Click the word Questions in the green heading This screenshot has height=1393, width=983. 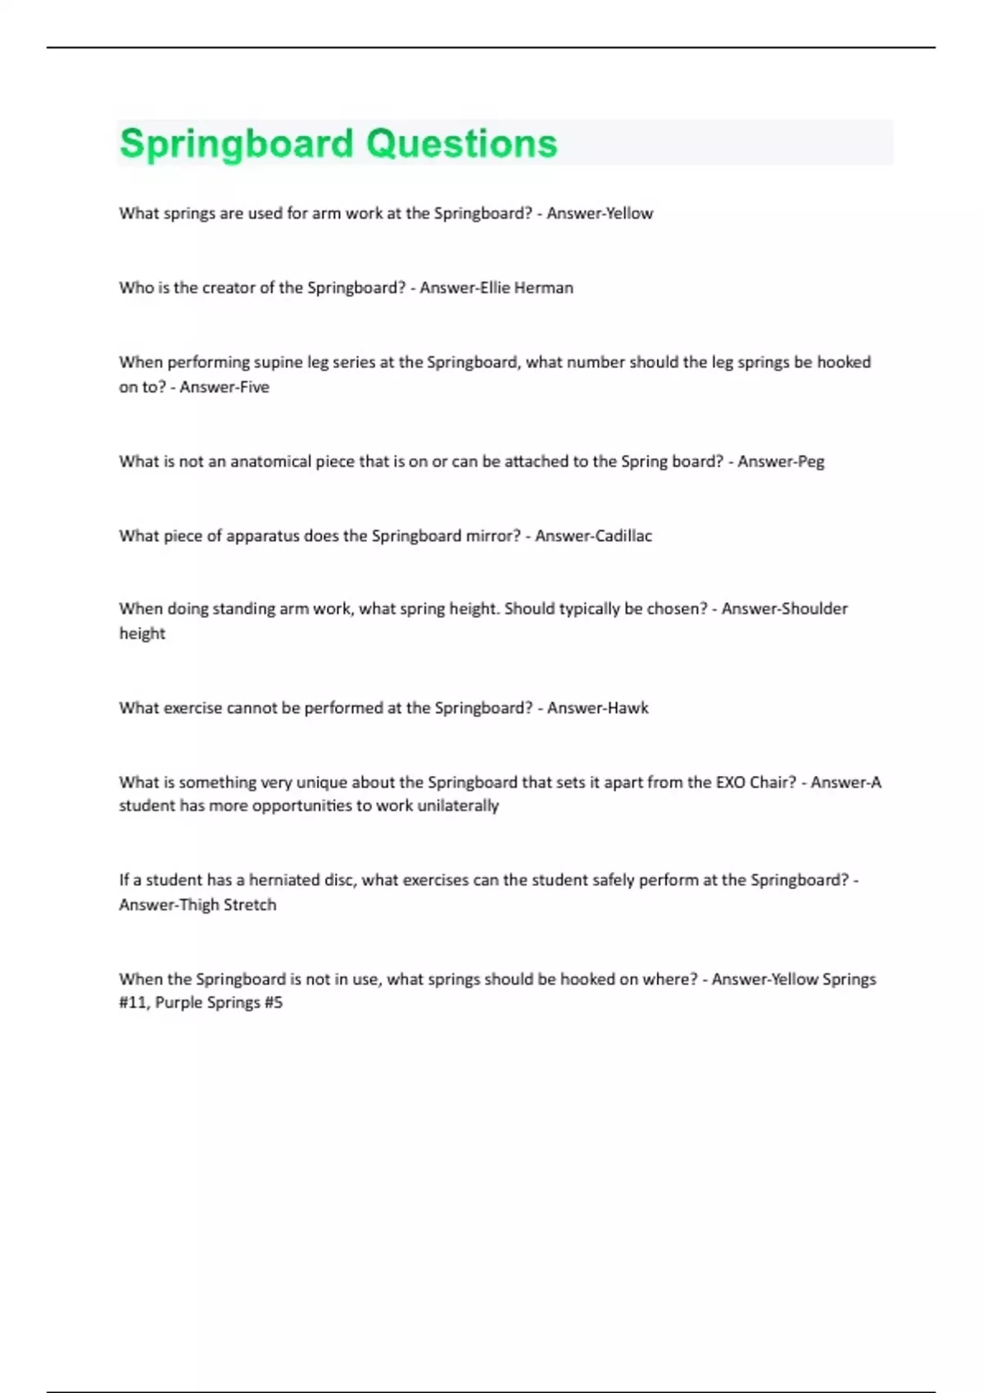461,144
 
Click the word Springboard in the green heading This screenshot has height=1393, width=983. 236,144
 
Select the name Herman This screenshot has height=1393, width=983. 543,288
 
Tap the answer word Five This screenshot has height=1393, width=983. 252,387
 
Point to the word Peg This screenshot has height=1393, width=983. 810,461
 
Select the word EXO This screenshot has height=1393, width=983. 730,782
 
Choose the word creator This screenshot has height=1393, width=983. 226,288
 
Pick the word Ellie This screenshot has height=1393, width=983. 495,288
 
